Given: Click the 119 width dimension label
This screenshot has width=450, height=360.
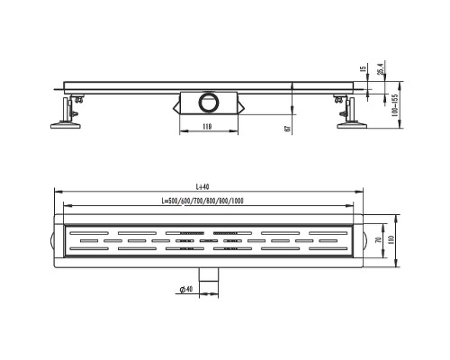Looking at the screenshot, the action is [x=207, y=127].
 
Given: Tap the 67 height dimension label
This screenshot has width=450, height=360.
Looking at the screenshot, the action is [x=287, y=129].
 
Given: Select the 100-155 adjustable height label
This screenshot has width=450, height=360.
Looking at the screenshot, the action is [x=395, y=105].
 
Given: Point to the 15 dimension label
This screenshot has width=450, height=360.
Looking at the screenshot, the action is [x=364, y=68].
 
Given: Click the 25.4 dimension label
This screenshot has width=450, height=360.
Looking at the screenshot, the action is [x=380, y=68].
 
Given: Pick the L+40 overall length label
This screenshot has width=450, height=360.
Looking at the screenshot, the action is [x=202, y=187].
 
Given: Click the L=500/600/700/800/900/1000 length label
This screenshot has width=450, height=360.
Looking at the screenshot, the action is [x=202, y=201].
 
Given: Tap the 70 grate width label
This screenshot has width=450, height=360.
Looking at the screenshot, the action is [x=379, y=240].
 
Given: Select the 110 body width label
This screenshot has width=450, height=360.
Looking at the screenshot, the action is [x=391, y=239].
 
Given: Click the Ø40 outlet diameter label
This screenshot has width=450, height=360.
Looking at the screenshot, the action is [x=186, y=289].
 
